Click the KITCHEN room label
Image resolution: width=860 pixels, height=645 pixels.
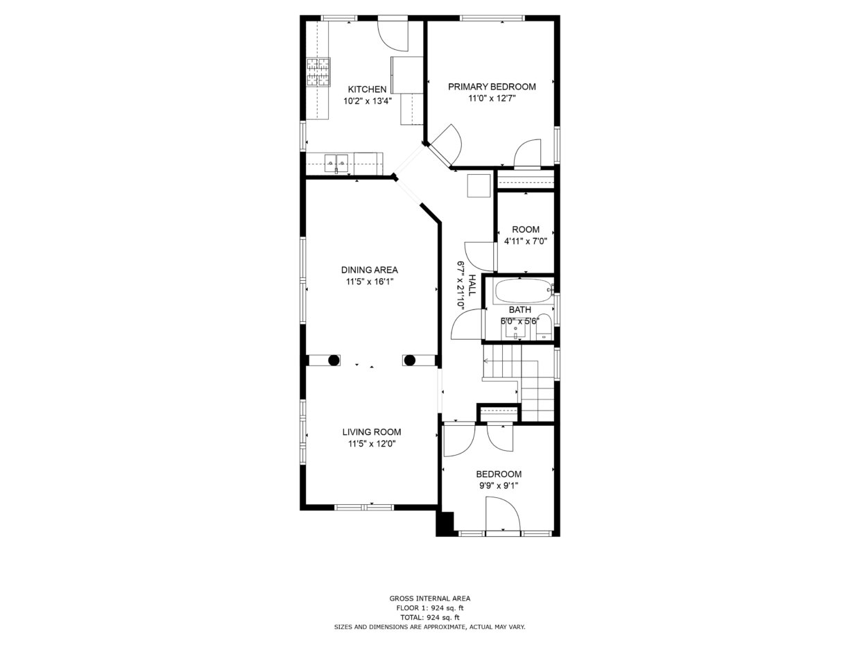coord(367,89)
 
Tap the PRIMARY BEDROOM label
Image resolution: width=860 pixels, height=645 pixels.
coord(492,87)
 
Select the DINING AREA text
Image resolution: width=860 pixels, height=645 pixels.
coord(370,270)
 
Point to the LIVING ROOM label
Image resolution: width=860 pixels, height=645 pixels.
coord(372,432)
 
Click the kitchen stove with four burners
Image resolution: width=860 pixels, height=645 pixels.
coord(318,72)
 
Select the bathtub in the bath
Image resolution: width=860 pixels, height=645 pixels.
coord(523,291)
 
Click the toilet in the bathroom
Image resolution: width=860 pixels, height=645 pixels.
coord(544,327)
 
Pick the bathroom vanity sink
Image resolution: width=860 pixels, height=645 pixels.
coord(515,332)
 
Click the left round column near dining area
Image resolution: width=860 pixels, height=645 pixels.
coord(334,360)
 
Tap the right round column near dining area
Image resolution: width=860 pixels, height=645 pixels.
coord(409,360)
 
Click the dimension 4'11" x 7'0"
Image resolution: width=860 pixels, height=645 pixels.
coord(526,241)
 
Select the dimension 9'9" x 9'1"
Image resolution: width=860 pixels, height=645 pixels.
coord(499,486)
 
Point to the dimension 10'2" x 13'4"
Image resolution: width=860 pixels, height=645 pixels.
coord(368,101)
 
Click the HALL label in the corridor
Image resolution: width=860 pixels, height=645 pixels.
coord(472,285)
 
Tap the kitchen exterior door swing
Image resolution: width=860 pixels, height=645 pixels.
coord(393,36)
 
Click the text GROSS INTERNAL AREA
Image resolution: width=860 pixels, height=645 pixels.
coord(430,598)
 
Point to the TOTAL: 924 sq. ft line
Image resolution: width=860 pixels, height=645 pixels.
coord(430,618)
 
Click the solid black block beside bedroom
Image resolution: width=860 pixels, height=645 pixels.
coord(445,524)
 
